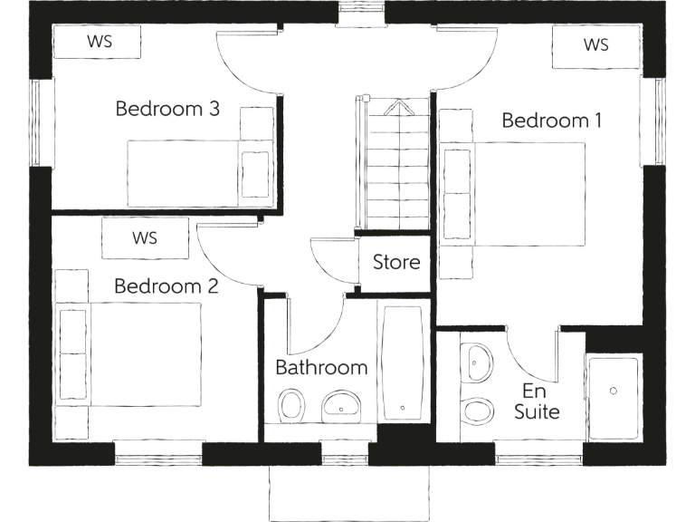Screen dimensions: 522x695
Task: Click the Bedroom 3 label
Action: point(167,110)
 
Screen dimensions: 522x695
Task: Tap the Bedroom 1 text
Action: point(551,121)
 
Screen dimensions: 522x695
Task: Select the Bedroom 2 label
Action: point(166,287)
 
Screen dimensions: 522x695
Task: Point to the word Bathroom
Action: point(321,367)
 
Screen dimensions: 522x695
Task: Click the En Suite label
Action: point(537,401)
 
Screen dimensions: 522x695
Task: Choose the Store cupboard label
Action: point(396,263)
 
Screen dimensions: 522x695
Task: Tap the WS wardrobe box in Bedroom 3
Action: point(97,41)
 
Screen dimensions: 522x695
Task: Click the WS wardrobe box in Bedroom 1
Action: point(595,45)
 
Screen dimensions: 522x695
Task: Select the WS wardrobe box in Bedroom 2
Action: point(145,239)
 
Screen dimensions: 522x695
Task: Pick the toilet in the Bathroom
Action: point(291,404)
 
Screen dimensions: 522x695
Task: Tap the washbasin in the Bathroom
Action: point(341,403)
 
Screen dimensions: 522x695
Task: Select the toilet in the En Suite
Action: point(477,410)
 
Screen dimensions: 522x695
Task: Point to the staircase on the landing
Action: point(396,168)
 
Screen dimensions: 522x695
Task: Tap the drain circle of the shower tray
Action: point(614,391)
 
